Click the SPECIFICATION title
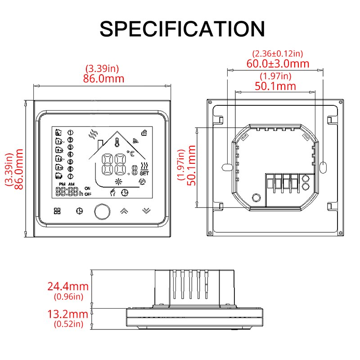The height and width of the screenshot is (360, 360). click(x=182, y=28)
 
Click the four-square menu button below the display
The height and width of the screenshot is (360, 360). click(x=57, y=211)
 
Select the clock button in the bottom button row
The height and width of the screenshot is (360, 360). click(x=79, y=211)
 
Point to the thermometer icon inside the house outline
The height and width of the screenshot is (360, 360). click(x=117, y=143)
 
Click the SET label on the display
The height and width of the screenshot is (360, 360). click(x=144, y=172)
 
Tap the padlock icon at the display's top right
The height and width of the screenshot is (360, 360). click(x=144, y=132)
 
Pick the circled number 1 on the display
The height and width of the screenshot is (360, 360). click(x=70, y=132)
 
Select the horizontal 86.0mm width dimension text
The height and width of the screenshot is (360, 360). click(x=102, y=78)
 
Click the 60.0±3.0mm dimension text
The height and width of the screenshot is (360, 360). click(x=278, y=64)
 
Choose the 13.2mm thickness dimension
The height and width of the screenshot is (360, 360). click(x=67, y=314)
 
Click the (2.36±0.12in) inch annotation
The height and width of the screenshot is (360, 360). click(x=278, y=54)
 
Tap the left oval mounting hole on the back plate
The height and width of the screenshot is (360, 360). click(x=226, y=167)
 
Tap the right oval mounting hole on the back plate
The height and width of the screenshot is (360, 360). click(x=323, y=167)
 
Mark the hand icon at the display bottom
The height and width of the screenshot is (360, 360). click(x=113, y=192)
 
